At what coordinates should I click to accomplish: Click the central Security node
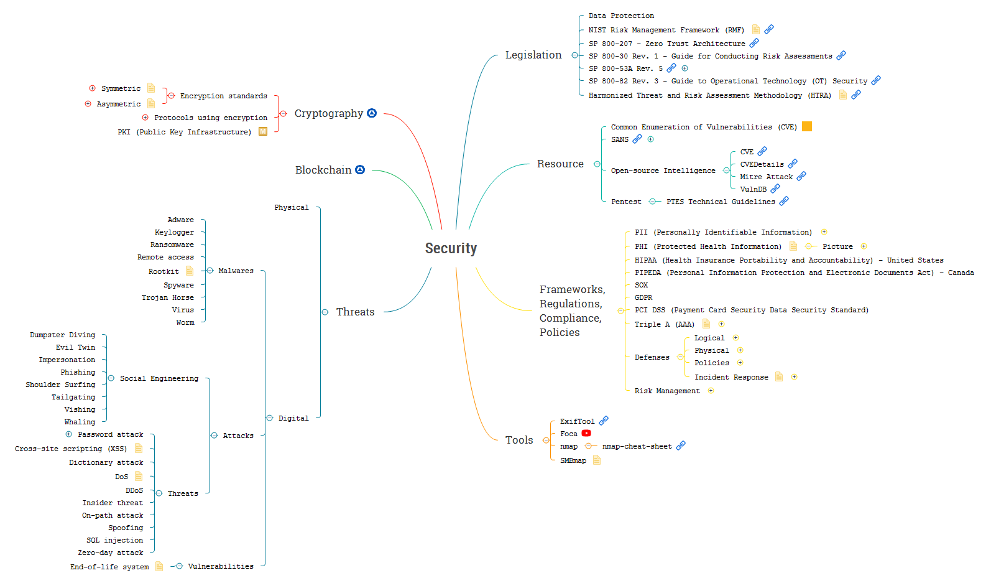tap(451, 248)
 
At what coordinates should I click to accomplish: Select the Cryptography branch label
tap(328, 113)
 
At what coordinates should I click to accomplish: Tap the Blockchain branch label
tap(323, 170)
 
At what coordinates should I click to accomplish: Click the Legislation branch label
tap(533, 55)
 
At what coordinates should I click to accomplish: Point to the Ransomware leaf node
tap(172, 245)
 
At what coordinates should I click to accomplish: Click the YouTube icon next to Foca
tap(586, 433)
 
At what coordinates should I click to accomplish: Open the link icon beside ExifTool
tap(604, 421)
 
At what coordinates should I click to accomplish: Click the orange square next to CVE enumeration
tap(807, 126)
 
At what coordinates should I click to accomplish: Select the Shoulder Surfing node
tap(60, 385)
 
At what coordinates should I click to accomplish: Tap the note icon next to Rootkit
tap(190, 271)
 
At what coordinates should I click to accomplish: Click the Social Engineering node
tap(159, 378)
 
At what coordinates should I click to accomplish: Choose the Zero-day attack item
tap(110, 553)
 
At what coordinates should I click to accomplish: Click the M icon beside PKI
tap(263, 131)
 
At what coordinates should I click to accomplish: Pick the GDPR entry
tap(643, 297)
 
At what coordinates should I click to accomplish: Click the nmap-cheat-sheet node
tap(637, 446)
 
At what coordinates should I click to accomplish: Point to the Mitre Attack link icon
tap(801, 176)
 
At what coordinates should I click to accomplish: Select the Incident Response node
tap(731, 377)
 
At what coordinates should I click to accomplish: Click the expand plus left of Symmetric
tap(93, 88)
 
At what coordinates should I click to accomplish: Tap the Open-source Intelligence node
tap(663, 170)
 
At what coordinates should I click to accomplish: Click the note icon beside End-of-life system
tap(159, 566)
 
